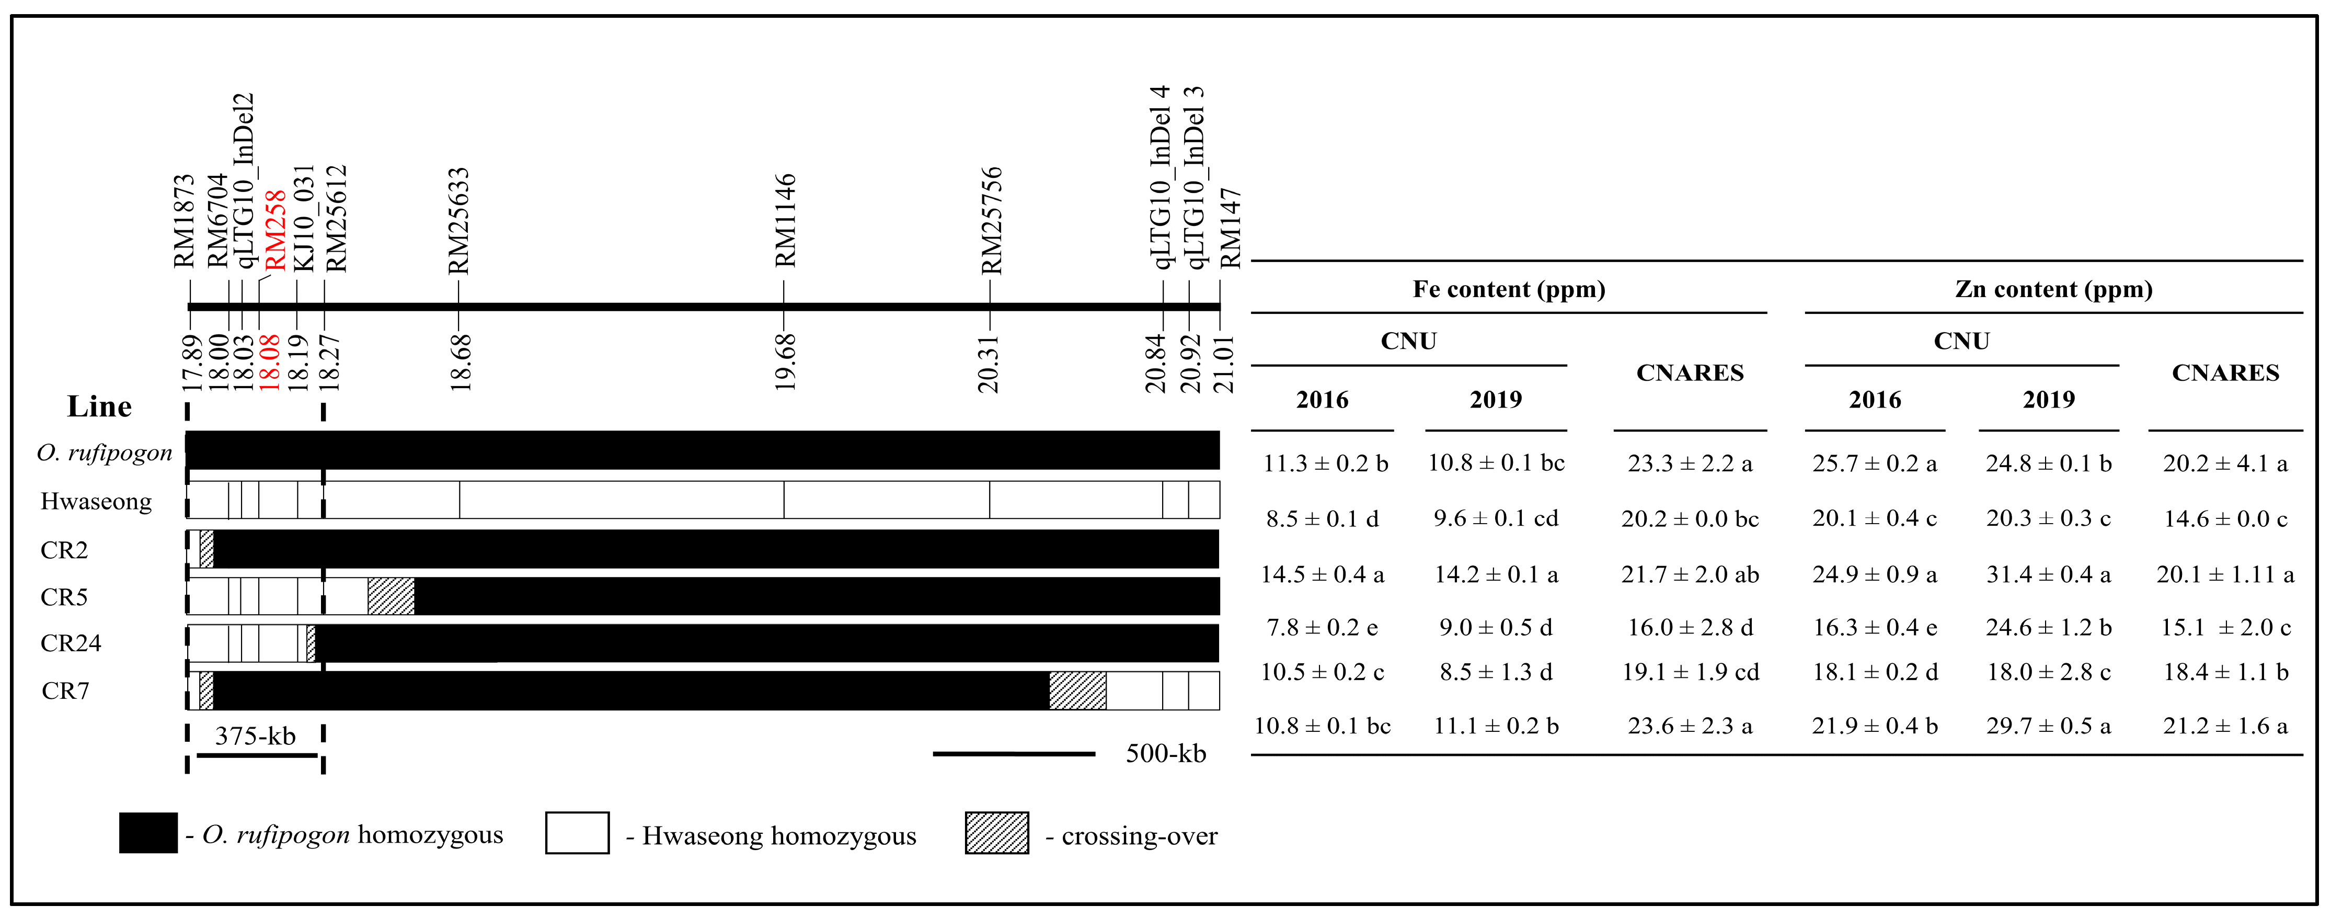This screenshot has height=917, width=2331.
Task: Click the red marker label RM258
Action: point(274,230)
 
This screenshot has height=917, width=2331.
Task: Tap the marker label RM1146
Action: point(785,220)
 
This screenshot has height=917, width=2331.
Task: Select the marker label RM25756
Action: point(992,220)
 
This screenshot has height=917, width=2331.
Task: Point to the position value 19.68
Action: point(785,362)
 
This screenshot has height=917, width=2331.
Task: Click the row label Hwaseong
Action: point(96,502)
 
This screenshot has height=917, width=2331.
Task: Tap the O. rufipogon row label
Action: point(104,452)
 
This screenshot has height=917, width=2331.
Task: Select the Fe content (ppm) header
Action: point(1509,290)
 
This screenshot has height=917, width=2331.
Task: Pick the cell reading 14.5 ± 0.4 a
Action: point(1322,575)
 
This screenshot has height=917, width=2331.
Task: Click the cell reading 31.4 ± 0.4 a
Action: point(2048,575)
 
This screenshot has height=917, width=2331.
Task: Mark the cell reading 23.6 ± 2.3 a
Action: point(1690,726)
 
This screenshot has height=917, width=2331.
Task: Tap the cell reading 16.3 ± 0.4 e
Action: point(1874,627)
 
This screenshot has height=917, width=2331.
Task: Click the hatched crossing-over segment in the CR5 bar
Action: point(391,596)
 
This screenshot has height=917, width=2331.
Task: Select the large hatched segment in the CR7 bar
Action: point(1077,690)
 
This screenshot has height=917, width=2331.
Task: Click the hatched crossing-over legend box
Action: point(996,833)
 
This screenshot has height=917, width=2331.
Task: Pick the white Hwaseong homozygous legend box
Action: point(577,833)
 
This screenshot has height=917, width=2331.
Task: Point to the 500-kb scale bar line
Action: point(1014,753)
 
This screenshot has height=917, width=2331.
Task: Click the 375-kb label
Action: point(255,736)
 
